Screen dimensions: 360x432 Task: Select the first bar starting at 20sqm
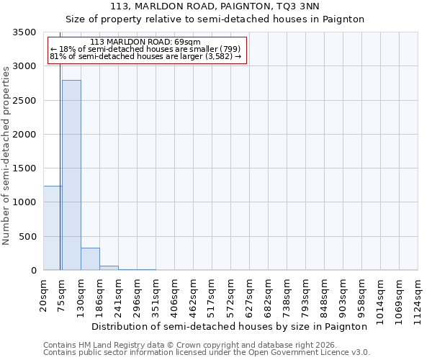[53, 228]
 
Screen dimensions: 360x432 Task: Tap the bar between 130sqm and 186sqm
[90, 258]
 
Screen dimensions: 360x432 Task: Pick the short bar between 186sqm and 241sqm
[109, 268]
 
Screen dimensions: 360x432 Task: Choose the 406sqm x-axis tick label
[175, 297]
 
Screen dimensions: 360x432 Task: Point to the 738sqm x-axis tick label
[287, 297]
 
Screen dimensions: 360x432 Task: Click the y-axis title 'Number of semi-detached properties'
[7, 155]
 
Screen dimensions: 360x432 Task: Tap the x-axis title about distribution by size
[230, 326]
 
